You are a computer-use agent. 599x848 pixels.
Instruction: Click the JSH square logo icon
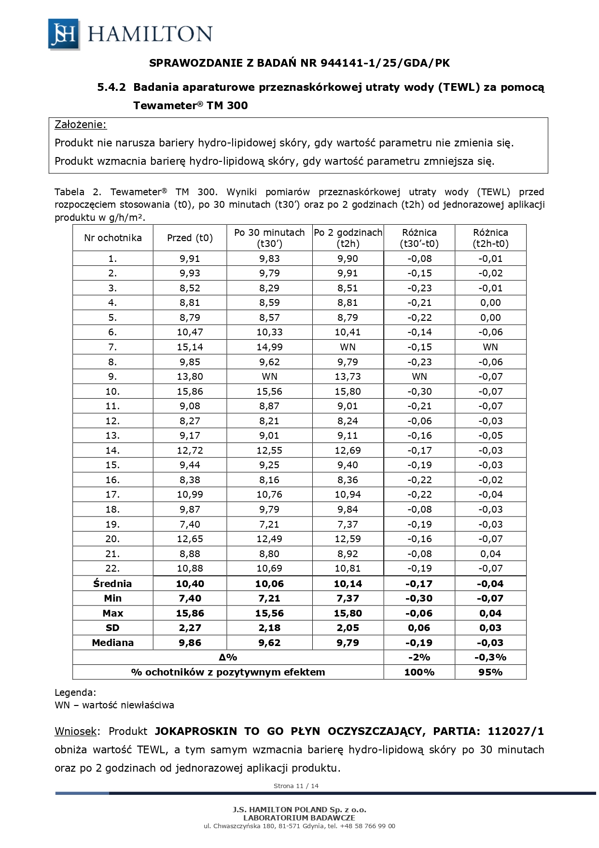64,34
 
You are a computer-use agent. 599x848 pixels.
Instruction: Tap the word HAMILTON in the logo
150,34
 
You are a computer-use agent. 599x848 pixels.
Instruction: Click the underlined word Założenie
80,125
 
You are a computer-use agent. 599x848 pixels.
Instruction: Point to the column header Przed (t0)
190,238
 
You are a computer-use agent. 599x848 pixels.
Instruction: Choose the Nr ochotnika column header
112,238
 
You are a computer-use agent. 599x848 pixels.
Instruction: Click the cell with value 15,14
190,347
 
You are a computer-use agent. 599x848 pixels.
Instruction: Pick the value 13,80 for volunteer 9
190,376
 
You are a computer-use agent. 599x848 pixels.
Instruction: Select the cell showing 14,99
269,347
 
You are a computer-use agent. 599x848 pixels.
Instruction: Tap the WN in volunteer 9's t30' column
269,376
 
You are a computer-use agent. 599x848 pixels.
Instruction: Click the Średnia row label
112,584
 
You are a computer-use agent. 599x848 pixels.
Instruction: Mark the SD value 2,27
190,628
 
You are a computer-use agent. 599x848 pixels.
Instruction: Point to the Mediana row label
112,643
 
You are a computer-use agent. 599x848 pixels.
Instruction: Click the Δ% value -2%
419,657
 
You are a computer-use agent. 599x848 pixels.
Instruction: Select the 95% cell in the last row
490,672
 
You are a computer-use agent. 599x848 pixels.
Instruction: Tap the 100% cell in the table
419,672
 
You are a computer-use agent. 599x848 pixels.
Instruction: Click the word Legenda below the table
75,692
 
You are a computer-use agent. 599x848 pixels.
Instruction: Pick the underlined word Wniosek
76,731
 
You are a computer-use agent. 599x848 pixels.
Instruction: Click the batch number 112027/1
515,731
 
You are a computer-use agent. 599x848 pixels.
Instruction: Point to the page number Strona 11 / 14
296,786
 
